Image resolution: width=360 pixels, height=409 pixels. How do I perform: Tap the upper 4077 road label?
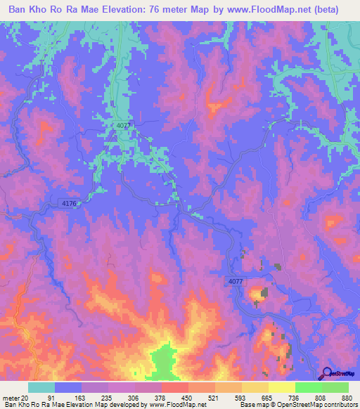click(x=124, y=125)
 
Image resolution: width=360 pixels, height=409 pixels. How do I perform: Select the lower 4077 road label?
click(x=236, y=281)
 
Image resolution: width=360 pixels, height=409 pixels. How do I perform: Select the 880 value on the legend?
click(x=346, y=397)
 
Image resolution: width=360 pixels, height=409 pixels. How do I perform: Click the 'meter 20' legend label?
click(x=16, y=397)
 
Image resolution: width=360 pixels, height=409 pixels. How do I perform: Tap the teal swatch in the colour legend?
click(x=41, y=387)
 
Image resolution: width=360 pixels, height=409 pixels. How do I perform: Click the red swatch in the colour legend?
click(x=175, y=387)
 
